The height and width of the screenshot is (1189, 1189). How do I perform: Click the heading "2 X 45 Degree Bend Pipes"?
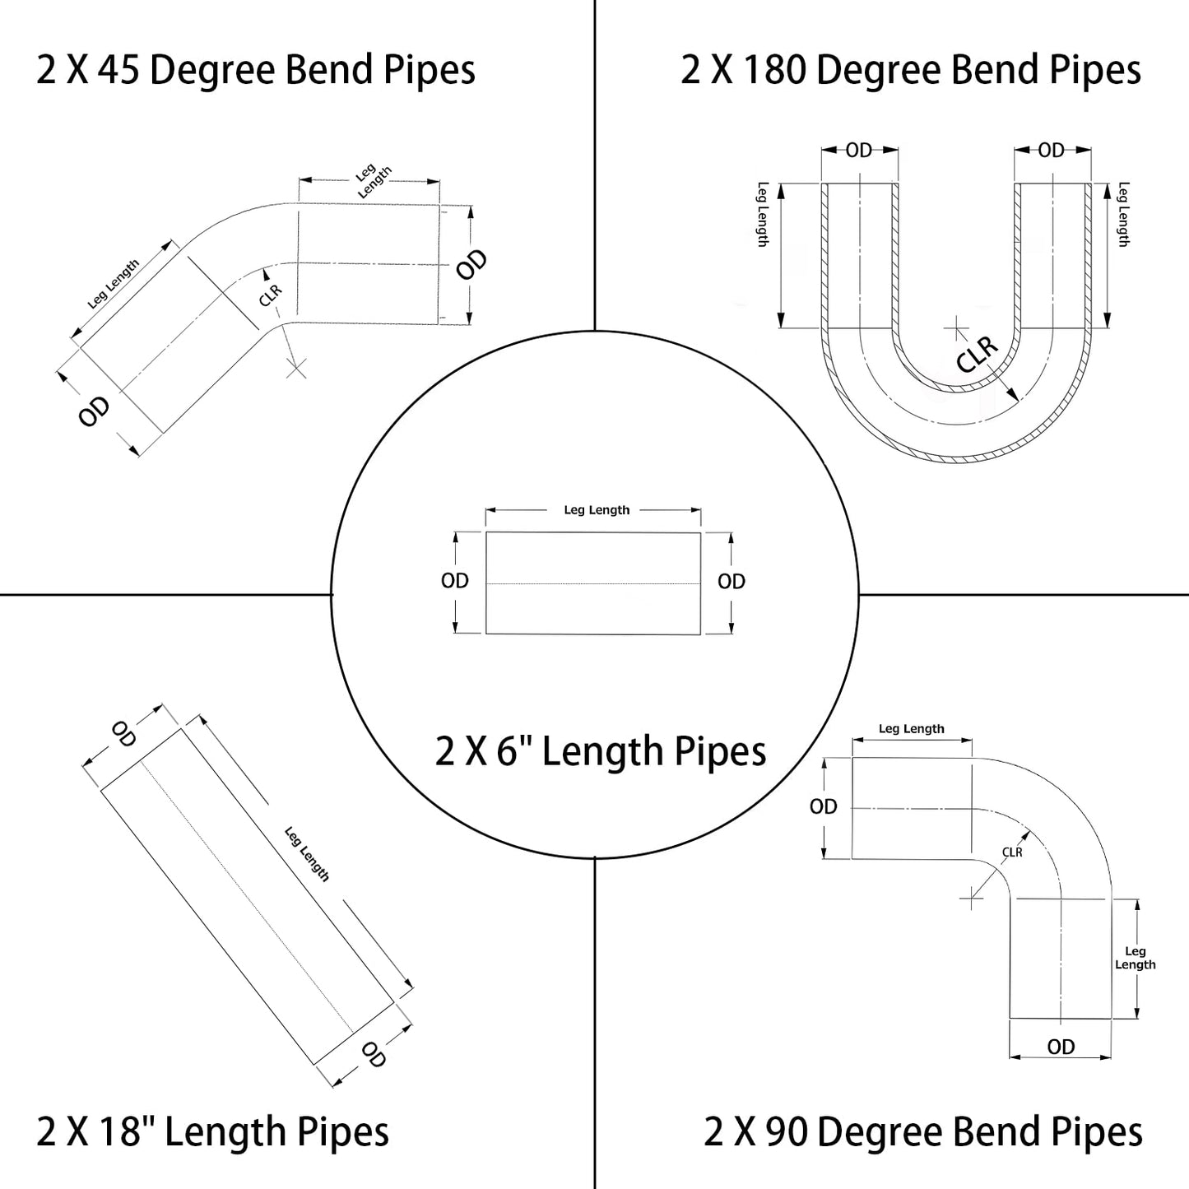click(x=256, y=70)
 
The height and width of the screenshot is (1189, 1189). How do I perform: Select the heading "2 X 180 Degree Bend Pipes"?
click(x=910, y=70)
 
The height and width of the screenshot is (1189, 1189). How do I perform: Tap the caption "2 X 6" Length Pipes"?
click(x=601, y=751)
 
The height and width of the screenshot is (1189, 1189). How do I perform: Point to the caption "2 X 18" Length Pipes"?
click(x=212, y=1131)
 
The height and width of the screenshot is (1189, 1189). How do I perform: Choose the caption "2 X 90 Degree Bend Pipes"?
click(x=922, y=1131)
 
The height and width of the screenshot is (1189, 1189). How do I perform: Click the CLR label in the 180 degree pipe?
click(x=978, y=355)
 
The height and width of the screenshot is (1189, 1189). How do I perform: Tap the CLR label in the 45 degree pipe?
click(x=270, y=295)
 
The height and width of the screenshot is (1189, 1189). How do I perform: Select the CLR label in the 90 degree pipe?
click(x=1012, y=852)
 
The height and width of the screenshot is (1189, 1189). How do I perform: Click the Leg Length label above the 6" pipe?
click(x=597, y=510)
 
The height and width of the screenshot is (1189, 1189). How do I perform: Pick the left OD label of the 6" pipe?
click(x=455, y=581)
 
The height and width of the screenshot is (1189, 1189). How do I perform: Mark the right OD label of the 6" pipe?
click(x=731, y=582)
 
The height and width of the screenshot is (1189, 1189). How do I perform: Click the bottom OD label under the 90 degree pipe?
click(x=1061, y=1047)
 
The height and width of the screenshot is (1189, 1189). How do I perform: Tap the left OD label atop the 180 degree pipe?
click(x=859, y=150)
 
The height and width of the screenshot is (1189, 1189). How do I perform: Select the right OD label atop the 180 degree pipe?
click(x=1052, y=150)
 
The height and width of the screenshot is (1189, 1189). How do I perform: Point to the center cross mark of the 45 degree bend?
click(x=296, y=367)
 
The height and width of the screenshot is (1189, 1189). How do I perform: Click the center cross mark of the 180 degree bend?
click(x=956, y=328)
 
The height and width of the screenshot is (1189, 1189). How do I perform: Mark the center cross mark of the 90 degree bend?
click(x=972, y=899)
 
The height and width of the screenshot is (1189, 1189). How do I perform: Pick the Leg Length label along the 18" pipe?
click(x=307, y=854)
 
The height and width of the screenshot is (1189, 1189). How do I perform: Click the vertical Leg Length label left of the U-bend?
click(x=762, y=214)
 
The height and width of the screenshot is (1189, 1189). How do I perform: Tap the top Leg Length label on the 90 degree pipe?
click(x=911, y=729)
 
